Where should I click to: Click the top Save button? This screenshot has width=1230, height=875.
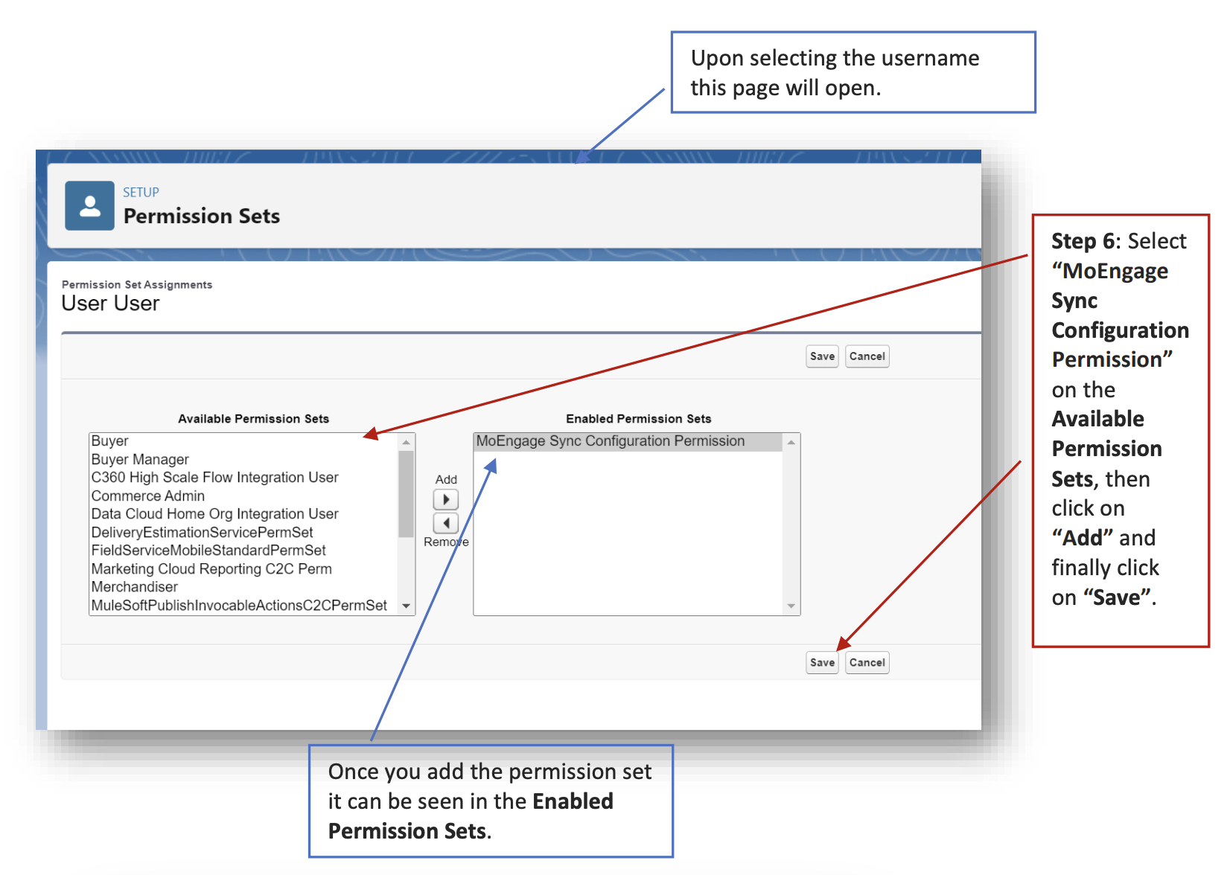(822, 356)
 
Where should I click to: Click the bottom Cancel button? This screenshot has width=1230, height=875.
(867, 662)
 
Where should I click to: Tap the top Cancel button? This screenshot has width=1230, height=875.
(867, 356)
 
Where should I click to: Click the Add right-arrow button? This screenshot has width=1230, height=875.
(445, 499)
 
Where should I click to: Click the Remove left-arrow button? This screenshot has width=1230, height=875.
(445, 523)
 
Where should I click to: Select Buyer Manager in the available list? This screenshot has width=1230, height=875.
(140, 459)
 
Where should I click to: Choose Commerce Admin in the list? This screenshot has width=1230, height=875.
(147, 496)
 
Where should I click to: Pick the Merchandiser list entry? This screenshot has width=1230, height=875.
(134, 587)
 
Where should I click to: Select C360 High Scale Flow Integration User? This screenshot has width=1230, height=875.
(214, 477)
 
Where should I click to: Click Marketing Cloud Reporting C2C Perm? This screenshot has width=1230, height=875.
(211, 568)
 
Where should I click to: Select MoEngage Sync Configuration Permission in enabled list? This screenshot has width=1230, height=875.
(610, 441)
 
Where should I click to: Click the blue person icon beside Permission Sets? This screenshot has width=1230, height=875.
(89, 205)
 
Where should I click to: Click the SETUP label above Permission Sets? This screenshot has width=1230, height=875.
(141, 192)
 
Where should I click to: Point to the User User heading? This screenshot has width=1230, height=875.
(110, 304)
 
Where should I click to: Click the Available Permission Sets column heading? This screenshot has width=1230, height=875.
(253, 419)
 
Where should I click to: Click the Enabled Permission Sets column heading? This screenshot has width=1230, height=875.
(638, 419)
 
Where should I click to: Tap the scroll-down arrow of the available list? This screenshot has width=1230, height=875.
(406, 606)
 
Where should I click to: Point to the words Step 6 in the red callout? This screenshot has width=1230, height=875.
(1083, 241)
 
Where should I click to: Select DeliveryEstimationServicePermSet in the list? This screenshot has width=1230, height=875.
(202, 532)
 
